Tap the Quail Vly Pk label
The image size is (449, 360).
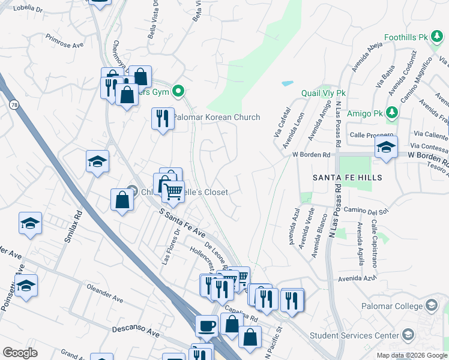click(324, 94)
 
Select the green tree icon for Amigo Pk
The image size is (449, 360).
click(392, 112)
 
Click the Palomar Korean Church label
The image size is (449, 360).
click(216, 117)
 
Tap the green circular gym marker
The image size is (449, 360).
click(178, 92)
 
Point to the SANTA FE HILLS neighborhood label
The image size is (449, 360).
click(348, 178)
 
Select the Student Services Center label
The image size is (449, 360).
click(354, 335)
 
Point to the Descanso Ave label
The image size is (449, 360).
click(137, 330)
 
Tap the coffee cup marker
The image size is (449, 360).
click(207, 326)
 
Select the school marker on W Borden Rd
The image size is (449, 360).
click(386, 147)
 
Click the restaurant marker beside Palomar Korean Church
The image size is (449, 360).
click(163, 118)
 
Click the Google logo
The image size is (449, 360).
click(20, 353)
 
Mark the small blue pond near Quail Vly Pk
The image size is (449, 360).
click(288, 83)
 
